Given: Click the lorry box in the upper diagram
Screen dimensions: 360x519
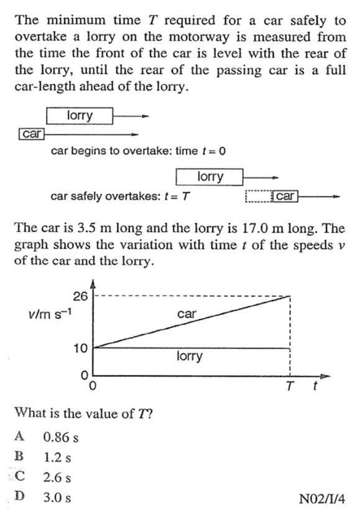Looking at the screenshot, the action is (79, 116).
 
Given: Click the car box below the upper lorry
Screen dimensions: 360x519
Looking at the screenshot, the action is (31, 134).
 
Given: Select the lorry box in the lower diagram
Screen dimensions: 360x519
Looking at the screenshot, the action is (210, 177).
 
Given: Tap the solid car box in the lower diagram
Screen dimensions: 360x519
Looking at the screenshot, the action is (285, 197).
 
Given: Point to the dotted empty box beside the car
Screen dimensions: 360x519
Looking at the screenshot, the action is (259, 197).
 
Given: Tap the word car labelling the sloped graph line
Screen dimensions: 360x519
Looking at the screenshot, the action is (187, 314).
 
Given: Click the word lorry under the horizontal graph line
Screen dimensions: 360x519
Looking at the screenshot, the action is (189, 357).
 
